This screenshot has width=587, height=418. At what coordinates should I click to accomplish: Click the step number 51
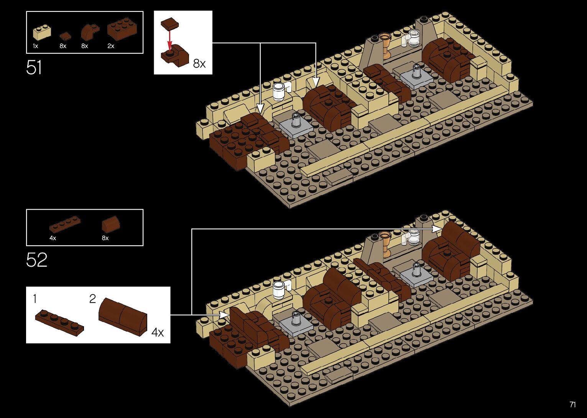point(34,68)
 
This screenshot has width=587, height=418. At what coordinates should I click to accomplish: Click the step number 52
point(36,260)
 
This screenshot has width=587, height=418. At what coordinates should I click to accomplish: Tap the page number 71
point(572,405)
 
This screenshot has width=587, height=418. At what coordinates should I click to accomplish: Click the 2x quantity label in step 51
point(111,46)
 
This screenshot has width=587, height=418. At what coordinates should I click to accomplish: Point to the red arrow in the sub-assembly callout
point(169,39)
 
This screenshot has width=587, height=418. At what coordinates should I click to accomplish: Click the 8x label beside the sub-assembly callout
point(199,63)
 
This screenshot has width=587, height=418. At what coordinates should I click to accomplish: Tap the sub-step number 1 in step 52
point(35,298)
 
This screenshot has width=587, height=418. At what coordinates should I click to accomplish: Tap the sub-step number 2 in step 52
point(92,299)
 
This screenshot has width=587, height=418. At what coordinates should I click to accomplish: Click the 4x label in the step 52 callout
point(157,332)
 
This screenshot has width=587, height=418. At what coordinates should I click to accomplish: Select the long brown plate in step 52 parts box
point(65,225)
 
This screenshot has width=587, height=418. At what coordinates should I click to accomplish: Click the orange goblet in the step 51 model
point(385,44)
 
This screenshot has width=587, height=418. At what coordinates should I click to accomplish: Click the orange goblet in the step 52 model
point(385,242)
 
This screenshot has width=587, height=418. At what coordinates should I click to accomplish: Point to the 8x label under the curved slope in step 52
point(105,238)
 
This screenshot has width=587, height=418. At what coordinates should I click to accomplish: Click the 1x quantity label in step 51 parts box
point(35,46)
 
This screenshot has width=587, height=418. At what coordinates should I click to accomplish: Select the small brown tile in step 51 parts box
point(65,36)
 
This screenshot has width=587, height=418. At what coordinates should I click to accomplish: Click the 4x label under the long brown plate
point(53,238)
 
